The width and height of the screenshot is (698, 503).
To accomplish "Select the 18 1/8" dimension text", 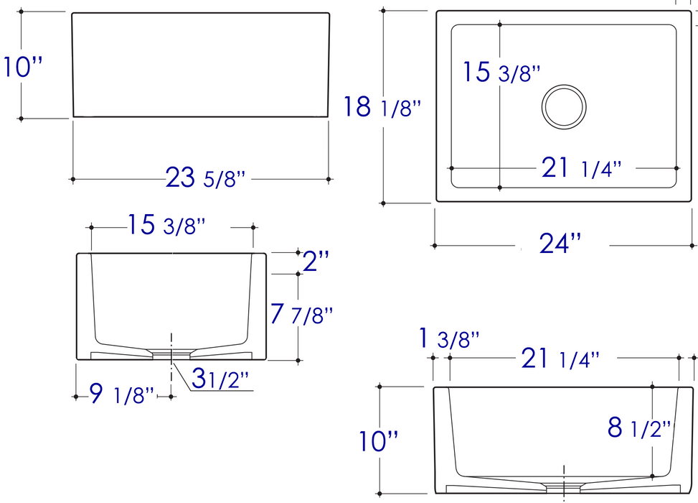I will [x=381, y=107].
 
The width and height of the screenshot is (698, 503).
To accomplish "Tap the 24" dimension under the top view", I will [x=560, y=244].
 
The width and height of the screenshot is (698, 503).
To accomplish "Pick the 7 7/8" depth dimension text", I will [x=302, y=314].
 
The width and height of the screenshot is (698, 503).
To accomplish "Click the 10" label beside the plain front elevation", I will [x=23, y=68].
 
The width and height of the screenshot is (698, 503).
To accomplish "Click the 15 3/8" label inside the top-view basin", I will [x=500, y=73].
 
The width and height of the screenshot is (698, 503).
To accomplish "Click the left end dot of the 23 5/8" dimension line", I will [x=72, y=179].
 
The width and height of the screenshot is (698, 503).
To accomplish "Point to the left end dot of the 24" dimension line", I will [x=434, y=246].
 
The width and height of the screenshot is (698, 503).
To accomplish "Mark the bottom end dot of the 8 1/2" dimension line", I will [x=652, y=476].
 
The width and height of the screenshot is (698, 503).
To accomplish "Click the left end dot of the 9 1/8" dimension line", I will [x=76, y=395].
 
